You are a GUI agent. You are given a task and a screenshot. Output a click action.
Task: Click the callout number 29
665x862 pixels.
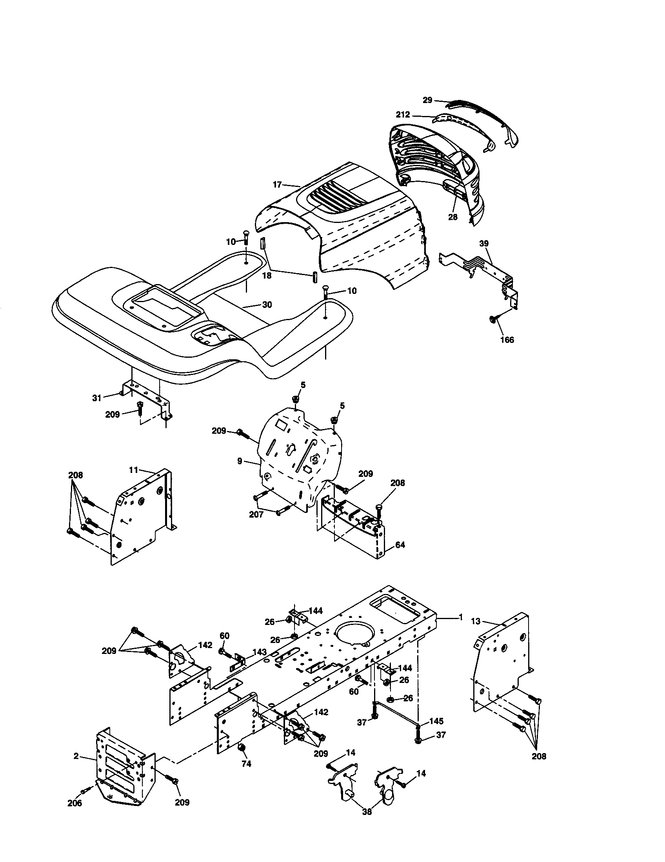tap(427, 100)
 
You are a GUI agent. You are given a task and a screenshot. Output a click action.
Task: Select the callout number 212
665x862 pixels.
tap(403, 115)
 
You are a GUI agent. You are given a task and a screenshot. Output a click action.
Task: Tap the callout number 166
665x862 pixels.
tap(507, 340)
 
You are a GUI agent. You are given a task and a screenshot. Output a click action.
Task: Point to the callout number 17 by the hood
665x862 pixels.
tap(277, 184)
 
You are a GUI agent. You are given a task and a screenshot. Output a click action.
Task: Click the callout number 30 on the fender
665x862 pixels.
tap(267, 305)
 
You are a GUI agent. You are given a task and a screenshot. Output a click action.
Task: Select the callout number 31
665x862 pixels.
tap(97, 398)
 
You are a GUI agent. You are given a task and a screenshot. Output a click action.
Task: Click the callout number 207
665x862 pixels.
tap(256, 515)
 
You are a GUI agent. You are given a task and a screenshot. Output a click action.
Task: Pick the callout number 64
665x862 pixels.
tap(400, 545)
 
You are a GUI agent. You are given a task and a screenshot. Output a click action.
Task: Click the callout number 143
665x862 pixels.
tap(260, 652)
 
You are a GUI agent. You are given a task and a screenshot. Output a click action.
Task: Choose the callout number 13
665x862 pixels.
tap(476, 622)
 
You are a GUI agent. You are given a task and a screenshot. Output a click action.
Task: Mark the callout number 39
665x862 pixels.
tap(484, 244)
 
